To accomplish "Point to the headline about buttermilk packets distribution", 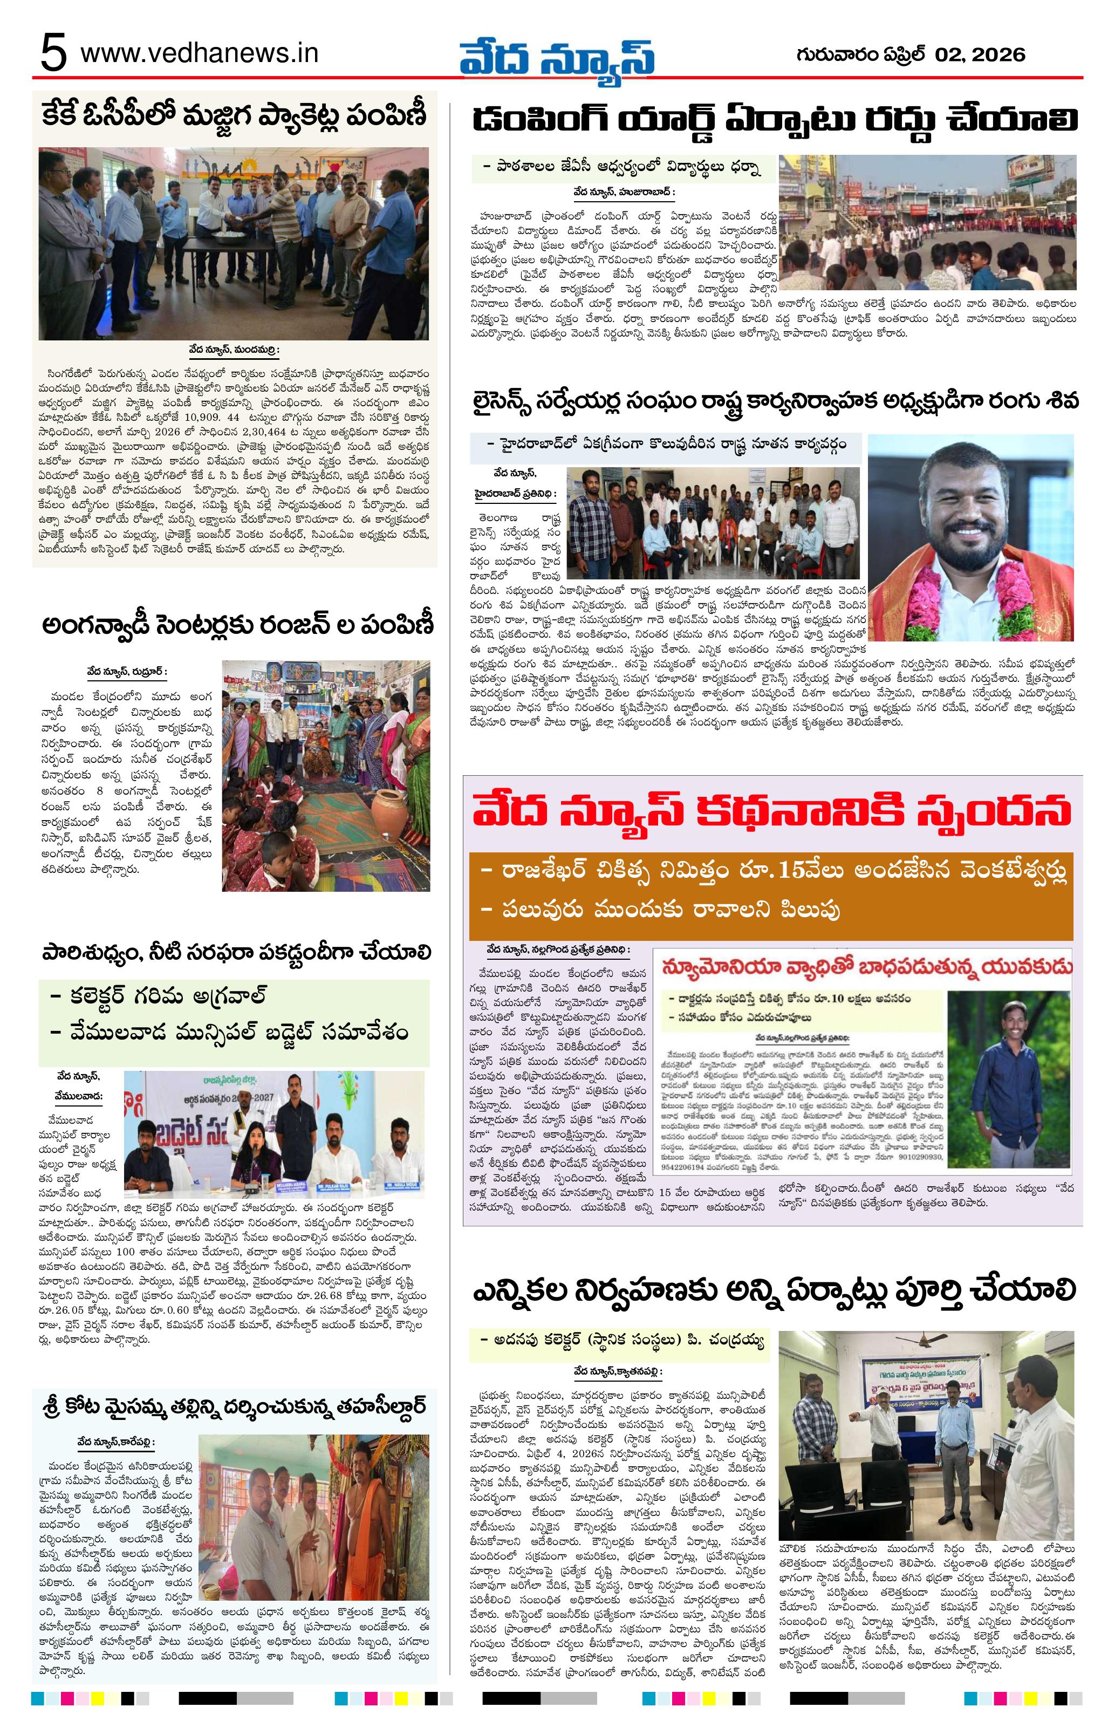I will tap(235, 115).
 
